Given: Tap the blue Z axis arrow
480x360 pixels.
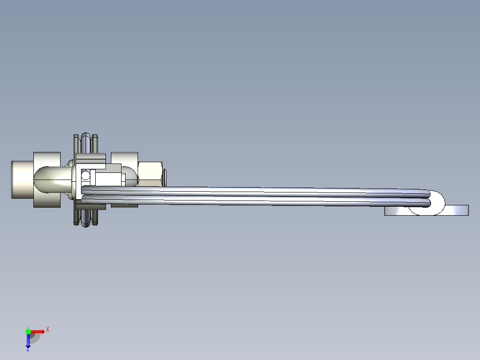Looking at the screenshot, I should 28,341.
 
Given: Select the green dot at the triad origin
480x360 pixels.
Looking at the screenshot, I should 28,331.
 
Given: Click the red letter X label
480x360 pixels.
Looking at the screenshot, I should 48,330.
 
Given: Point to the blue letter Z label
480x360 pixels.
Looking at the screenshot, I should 28,350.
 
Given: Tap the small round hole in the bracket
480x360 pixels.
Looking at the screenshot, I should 85,176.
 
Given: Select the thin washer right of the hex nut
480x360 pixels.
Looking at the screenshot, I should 164,177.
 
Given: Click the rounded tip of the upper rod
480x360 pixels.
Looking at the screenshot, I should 427,194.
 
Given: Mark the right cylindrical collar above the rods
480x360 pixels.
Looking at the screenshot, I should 124,158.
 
